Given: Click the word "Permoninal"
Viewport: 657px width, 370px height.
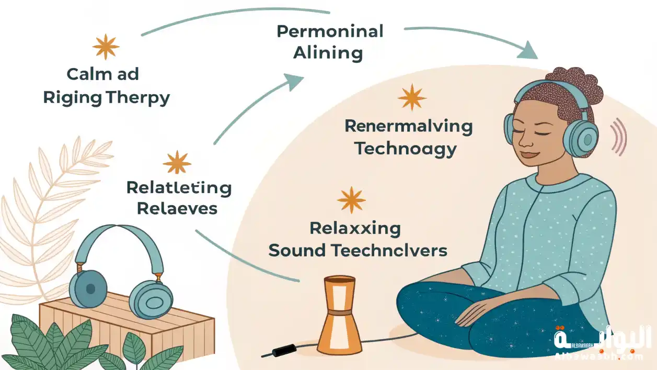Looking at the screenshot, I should [330, 31].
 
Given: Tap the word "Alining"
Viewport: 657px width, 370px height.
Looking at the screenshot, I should [328, 53].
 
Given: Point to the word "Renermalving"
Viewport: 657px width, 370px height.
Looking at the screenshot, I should [409, 126].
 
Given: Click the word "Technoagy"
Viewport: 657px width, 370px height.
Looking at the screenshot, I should [406, 149].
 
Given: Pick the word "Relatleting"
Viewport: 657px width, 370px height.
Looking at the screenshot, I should [179, 187].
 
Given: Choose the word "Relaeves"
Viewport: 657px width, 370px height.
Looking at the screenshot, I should [177, 208].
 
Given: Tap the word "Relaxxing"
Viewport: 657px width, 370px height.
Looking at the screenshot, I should [355, 228].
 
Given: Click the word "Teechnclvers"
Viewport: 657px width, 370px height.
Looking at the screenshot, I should [389, 251].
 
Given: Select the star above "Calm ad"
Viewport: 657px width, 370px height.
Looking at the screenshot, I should [106, 47].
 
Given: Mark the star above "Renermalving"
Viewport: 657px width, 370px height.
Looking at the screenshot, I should [412, 97].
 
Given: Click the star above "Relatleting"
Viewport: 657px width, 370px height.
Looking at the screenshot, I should [177, 162].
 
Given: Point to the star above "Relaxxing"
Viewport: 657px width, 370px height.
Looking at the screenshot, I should [351, 200].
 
